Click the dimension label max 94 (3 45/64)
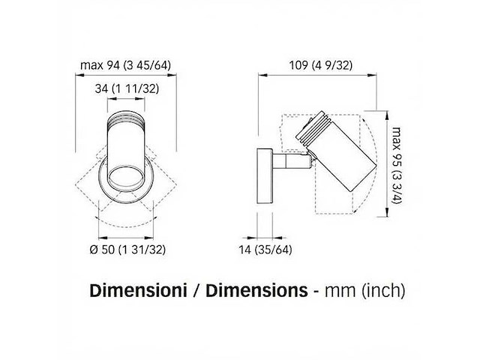coord(125,65)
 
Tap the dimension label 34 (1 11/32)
coord(127,88)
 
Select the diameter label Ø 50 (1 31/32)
coord(127,250)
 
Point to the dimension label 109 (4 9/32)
coord(321,65)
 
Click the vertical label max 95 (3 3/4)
coord(397,166)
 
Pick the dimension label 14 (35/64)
coord(265,250)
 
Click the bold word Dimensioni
coord(138,290)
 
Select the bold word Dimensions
coord(256,290)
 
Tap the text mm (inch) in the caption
coord(365,290)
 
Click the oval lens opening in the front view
coord(125,178)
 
